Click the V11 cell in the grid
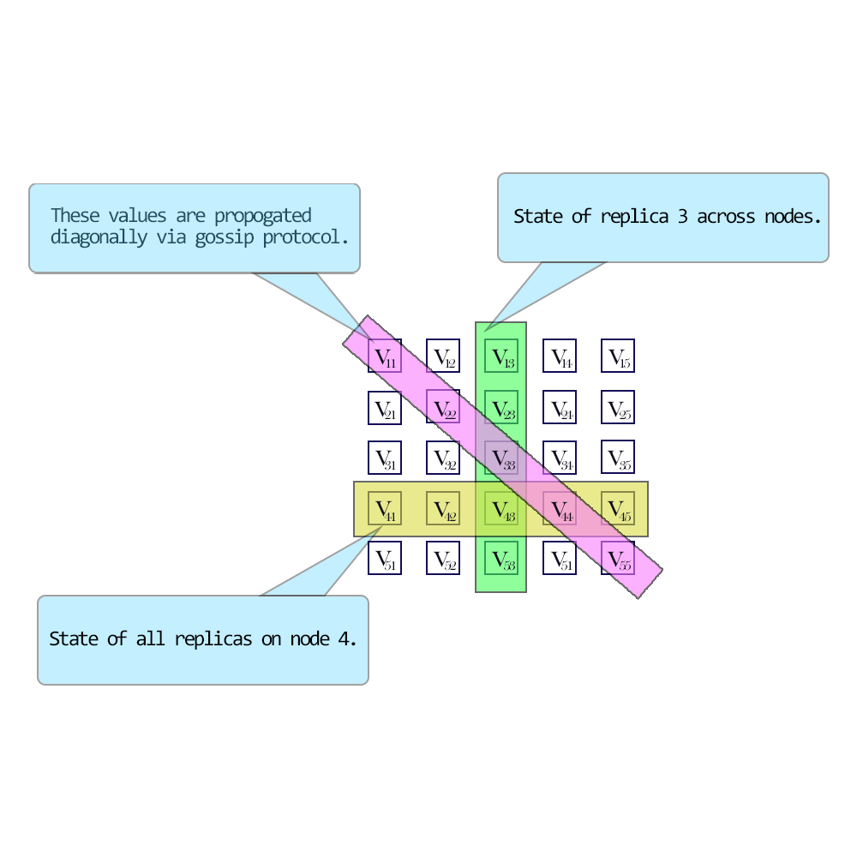coord(385,356)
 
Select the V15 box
coord(618,356)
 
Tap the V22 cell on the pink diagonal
coord(443,407)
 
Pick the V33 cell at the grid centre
coord(501,458)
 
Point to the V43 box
coord(501,508)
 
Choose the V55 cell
coord(618,560)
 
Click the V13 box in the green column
coord(501,356)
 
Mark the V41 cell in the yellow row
coord(385,508)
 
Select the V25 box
coord(618,407)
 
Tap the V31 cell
coord(385,458)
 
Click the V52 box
coord(443,560)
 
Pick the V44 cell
coord(560,508)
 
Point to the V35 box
coord(618,458)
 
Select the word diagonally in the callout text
coord(99,237)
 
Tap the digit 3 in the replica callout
coord(682,217)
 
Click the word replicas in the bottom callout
coord(213,639)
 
